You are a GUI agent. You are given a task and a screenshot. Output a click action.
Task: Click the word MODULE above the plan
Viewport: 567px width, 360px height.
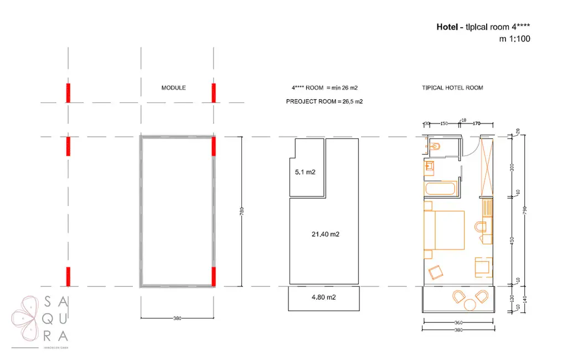(173, 88)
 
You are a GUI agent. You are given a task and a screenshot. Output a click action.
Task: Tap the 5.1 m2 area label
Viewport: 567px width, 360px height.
(305, 172)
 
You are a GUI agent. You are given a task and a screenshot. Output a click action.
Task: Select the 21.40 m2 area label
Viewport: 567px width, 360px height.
(325, 234)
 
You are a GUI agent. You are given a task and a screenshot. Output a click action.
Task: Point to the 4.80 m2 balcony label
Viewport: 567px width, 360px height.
(325, 297)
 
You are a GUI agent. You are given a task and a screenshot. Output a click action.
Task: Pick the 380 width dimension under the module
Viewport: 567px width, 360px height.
(177, 318)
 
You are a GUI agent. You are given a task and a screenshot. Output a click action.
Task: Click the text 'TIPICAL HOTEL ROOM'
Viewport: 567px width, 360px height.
(452, 88)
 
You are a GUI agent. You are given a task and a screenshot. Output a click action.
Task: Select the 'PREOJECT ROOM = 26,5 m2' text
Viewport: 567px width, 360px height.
(324, 102)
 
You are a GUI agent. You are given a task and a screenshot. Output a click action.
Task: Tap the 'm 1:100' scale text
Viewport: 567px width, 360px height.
(514, 39)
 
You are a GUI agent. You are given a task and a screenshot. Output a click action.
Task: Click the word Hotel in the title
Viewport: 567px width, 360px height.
(446, 27)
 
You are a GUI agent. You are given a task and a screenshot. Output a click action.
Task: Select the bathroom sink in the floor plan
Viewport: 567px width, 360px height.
(429, 166)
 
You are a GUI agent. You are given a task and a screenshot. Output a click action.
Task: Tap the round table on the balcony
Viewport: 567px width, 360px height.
(470, 304)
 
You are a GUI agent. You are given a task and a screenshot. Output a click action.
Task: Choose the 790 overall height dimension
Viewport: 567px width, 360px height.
(524, 211)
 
